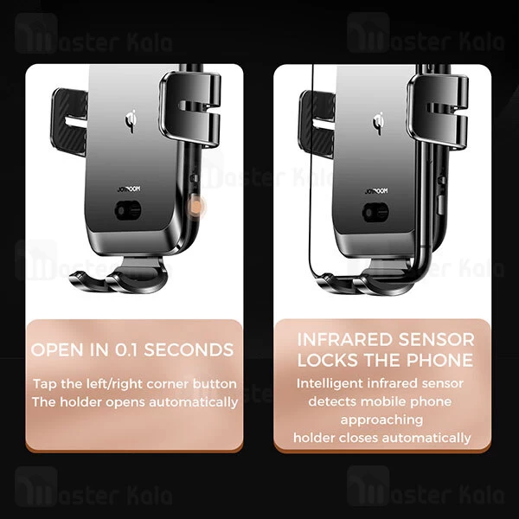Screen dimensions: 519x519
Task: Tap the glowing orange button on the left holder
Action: pos(196,208)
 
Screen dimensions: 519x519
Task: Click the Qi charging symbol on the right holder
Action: pos(378,123)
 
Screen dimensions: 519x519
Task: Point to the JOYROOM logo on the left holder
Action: pos(129,189)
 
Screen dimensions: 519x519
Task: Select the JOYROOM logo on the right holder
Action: pos(376,191)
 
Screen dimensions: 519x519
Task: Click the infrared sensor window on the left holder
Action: pos(128,210)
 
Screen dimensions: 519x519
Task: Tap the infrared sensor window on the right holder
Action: pos(375,212)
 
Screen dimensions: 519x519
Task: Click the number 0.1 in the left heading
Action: pos(127,349)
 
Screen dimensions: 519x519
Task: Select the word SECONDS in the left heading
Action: pos(189,349)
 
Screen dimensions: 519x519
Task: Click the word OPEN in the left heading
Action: pos(59,349)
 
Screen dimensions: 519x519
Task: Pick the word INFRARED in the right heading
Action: pos(344,340)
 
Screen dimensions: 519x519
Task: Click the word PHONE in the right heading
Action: pos(439,360)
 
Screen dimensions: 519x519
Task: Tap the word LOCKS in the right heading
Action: pos(326,360)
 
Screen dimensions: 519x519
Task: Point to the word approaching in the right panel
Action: pos(381,420)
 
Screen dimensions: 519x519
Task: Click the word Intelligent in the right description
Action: pos(330,383)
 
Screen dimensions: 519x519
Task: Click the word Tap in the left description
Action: pos(45,385)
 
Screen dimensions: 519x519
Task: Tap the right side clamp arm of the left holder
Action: pos(190,109)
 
